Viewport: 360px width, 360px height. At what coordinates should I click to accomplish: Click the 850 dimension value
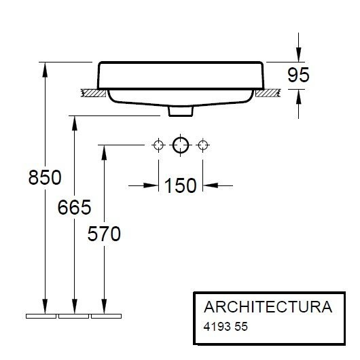[45, 177]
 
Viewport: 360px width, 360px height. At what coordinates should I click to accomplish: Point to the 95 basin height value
[298, 75]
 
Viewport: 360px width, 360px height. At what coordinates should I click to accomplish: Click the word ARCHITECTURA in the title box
[263, 306]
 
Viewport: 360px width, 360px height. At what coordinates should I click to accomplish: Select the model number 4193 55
[226, 326]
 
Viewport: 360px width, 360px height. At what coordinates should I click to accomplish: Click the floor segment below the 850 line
[41, 317]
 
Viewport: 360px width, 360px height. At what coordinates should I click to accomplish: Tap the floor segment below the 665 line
[73, 317]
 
